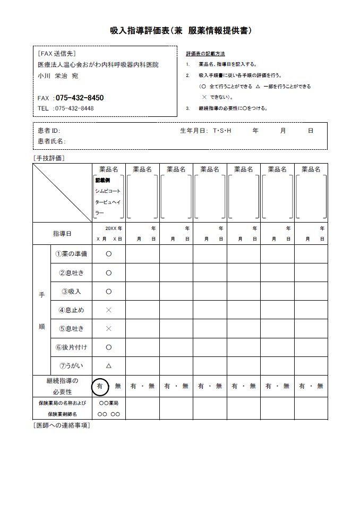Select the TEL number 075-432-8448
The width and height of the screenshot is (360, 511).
(74, 108)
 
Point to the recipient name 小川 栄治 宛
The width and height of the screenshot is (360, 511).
(58, 76)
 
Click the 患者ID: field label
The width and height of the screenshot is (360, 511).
(49, 130)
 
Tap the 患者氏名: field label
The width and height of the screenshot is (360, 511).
(52, 141)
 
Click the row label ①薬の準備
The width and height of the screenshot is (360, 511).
(71, 254)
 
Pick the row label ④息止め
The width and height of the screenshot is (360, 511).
(71, 310)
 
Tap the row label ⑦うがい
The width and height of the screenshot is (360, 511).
(71, 365)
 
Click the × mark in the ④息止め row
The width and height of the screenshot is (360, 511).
(109, 310)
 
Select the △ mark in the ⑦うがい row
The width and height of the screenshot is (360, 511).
(109, 366)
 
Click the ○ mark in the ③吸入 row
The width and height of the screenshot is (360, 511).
(109, 291)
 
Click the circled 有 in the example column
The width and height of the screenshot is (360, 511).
(100, 386)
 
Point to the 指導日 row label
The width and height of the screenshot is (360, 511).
(62, 234)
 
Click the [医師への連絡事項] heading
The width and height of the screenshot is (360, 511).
(61, 426)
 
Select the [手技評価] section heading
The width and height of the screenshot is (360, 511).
(49, 158)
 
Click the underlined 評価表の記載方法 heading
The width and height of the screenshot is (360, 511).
(205, 54)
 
